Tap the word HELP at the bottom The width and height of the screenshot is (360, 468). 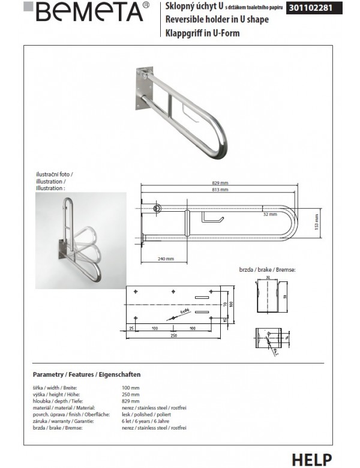[311, 459]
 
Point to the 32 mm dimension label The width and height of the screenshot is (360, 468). [269, 214]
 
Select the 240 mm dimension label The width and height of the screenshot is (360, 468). [166, 259]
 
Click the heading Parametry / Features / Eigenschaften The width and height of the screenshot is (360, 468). [86, 374]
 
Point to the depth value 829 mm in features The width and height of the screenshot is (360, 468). [130, 401]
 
